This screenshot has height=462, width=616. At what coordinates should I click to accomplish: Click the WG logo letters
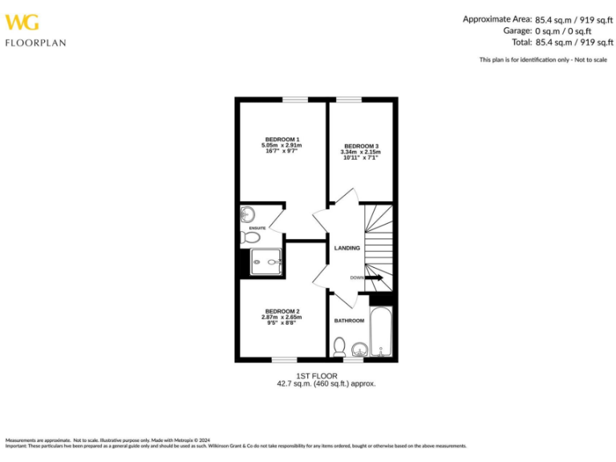(x=22, y=22)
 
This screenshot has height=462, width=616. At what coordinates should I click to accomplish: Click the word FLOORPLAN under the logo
(x=35, y=43)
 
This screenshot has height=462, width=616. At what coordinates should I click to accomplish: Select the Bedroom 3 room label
(x=361, y=146)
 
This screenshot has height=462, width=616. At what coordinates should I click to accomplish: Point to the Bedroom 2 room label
(x=282, y=311)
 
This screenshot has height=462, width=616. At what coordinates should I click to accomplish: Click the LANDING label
(x=347, y=248)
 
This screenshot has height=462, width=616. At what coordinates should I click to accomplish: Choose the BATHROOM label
(x=349, y=321)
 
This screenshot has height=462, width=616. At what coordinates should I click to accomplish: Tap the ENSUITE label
(x=257, y=229)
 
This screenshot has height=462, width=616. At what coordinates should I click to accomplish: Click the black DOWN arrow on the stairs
(x=375, y=278)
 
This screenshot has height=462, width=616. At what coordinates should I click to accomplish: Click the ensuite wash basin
(x=247, y=214)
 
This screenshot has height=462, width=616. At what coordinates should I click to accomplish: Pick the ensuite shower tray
(x=266, y=261)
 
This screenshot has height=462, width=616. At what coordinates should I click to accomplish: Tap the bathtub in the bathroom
(x=379, y=330)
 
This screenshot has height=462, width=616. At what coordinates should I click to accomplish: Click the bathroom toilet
(x=340, y=347)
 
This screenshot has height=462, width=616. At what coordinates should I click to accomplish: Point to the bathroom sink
(x=359, y=348)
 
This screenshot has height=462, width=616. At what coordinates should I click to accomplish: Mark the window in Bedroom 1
(x=294, y=100)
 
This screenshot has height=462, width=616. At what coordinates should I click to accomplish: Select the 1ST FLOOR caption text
(x=317, y=375)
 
